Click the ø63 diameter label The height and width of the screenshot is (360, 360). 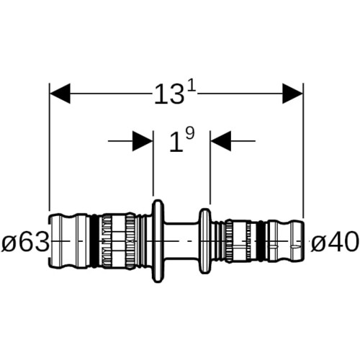click(25, 241)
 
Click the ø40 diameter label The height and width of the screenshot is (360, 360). click(335, 241)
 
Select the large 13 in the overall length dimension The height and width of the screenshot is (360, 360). click(169, 94)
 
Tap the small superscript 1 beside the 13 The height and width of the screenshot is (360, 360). click(192, 89)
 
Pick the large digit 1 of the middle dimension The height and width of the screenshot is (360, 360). click(176, 143)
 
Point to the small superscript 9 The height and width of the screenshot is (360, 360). click(189, 133)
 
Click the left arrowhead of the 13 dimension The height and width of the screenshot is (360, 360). click(60, 94)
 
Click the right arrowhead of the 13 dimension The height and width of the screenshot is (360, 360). click(292, 94)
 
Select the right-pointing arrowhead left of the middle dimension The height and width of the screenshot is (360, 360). click(143, 141)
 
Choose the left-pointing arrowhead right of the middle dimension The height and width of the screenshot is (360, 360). click(221, 141)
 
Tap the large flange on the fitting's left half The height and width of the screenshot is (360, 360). click(158, 241)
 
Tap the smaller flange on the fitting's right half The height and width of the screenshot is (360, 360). click(205, 241)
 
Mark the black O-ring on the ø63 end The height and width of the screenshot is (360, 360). click(96, 241)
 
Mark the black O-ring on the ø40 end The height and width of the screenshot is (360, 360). click(261, 241)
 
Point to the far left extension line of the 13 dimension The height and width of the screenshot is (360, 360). click(50, 147)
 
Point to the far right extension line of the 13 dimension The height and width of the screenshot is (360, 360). click(303, 150)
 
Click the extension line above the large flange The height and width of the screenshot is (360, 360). click(153, 163)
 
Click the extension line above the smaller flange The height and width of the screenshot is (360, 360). click(210, 167)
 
